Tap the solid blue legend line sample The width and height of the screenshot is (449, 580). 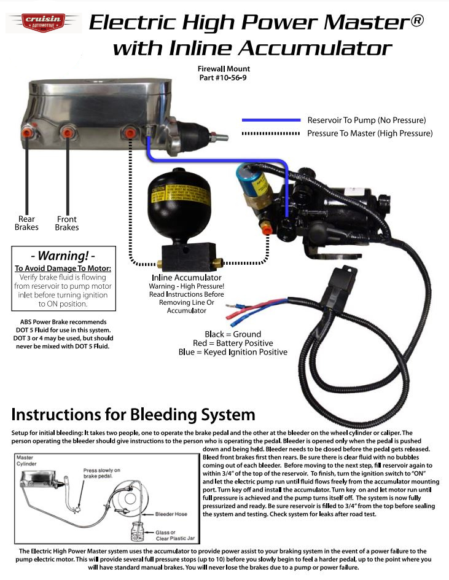click(271, 120)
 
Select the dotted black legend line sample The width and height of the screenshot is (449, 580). click(271, 133)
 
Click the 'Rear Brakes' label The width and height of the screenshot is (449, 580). click(26, 223)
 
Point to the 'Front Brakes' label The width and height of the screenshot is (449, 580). click(67, 223)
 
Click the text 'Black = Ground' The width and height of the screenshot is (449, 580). click(233, 334)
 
